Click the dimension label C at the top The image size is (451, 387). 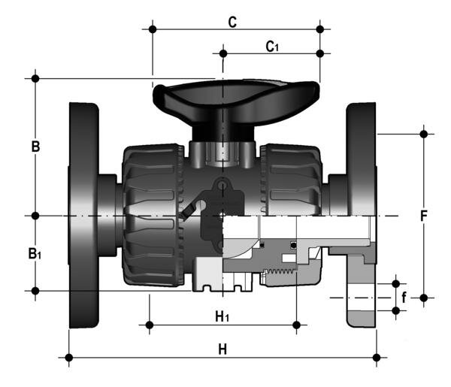pyautogui.click(x=233, y=22)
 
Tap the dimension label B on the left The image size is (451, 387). pyautogui.click(x=35, y=147)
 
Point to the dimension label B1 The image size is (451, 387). pyautogui.click(x=35, y=254)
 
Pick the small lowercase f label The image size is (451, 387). pyautogui.click(x=405, y=298)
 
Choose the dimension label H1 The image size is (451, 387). pyautogui.click(x=222, y=316)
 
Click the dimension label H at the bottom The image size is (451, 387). pyautogui.click(x=222, y=349)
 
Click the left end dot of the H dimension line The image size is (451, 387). pyautogui.click(x=69, y=358)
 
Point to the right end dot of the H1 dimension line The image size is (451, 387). pyautogui.click(x=297, y=325)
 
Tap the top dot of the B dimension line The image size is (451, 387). pyautogui.click(x=35, y=78)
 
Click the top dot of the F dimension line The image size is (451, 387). pyautogui.click(x=424, y=134)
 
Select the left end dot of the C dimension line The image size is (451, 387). pyautogui.click(x=153, y=29)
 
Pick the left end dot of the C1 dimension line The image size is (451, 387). pyautogui.click(x=223, y=53)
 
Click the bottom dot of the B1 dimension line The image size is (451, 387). pyautogui.click(x=35, y=290)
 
